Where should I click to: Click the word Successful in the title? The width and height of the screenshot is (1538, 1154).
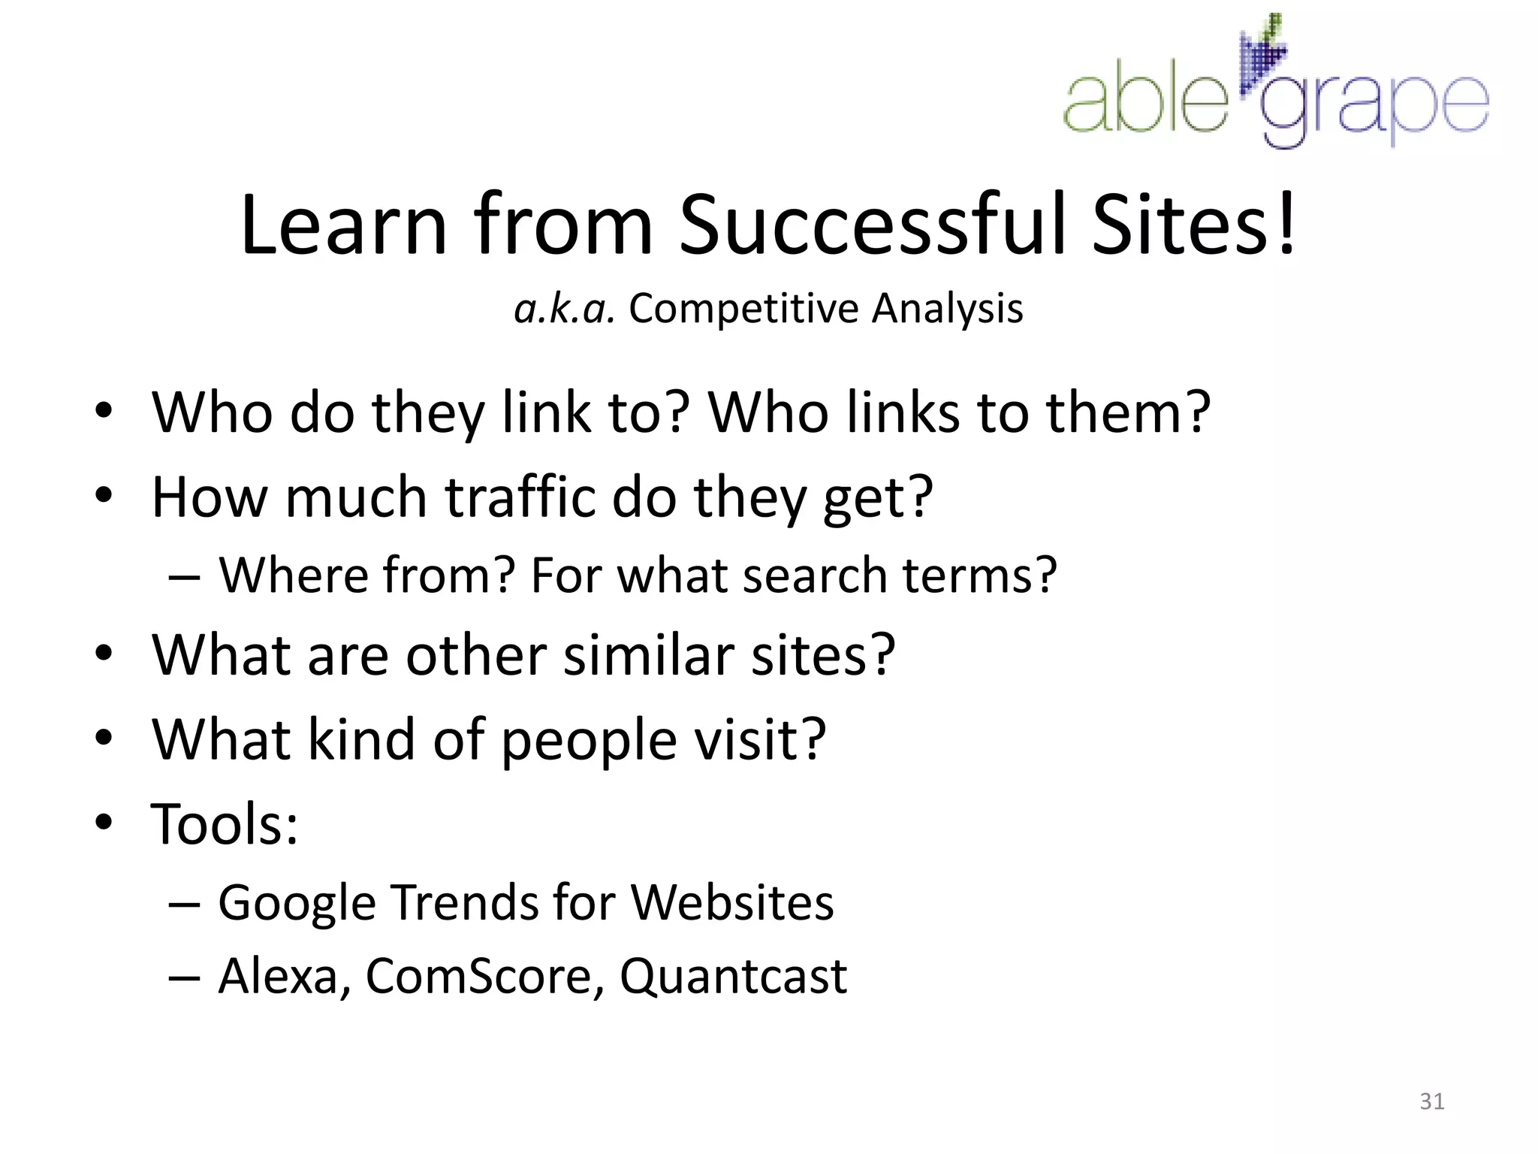click(875, 225)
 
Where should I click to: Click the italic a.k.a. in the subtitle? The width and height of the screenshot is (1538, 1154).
click(564, 309)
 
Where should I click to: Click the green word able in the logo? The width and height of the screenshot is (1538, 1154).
click(1145, 101)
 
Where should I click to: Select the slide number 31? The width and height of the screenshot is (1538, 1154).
click(1431, 1101)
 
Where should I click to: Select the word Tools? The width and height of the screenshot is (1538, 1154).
click(225, 824)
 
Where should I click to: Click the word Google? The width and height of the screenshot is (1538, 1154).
click(297, 902)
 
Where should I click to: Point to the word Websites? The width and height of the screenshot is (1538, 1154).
click(731, 902)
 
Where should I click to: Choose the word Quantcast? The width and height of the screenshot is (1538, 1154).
click(733, 977)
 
